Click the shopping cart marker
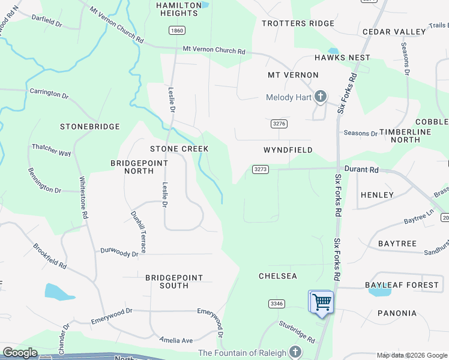click(322, 301)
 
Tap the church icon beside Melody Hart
click(320, 97)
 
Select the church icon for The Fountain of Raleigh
click(294, 352)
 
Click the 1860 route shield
click(176, 30)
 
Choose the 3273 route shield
click(261, 169)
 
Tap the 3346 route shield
click(276, 304)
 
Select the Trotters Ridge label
click(298, 23)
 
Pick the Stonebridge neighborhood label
click(90, 127)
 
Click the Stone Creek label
click(179, 148)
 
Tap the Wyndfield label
click(288, 150)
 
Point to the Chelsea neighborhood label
click(278, 276)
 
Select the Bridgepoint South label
click(174, 281)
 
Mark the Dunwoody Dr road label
click(119, 252)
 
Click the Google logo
click(20, 353)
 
